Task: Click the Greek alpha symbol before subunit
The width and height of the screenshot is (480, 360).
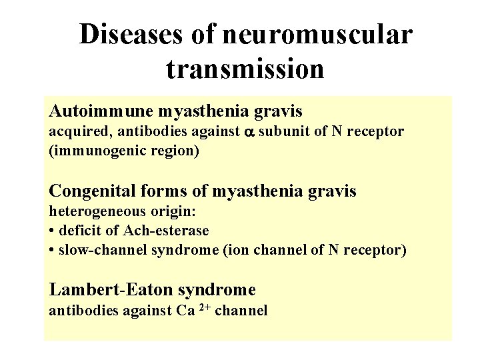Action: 249,132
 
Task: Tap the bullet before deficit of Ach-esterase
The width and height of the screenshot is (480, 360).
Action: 52,231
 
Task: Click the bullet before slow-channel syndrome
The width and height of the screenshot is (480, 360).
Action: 52,251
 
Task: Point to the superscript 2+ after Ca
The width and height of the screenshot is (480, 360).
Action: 207,307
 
